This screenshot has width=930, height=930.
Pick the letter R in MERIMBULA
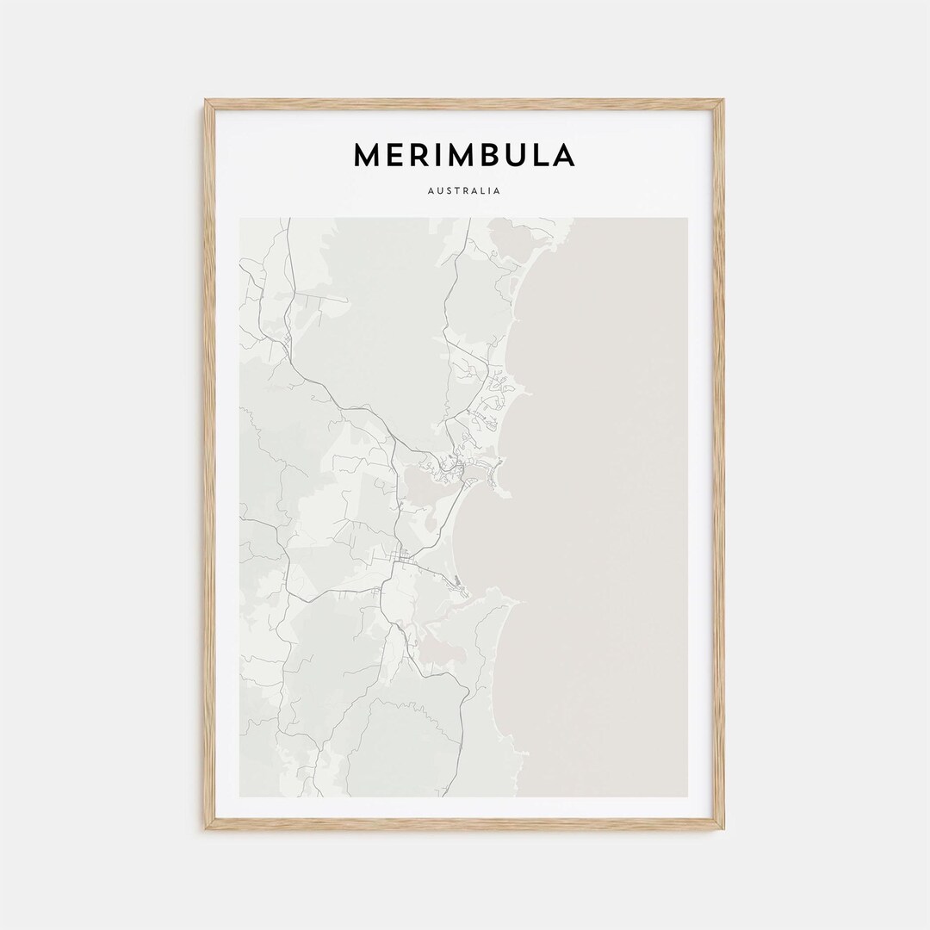click(x=417, y=155)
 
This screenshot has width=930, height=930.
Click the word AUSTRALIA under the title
click(x=464, y=191)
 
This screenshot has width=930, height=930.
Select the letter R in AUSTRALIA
click(x=466, y=191)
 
